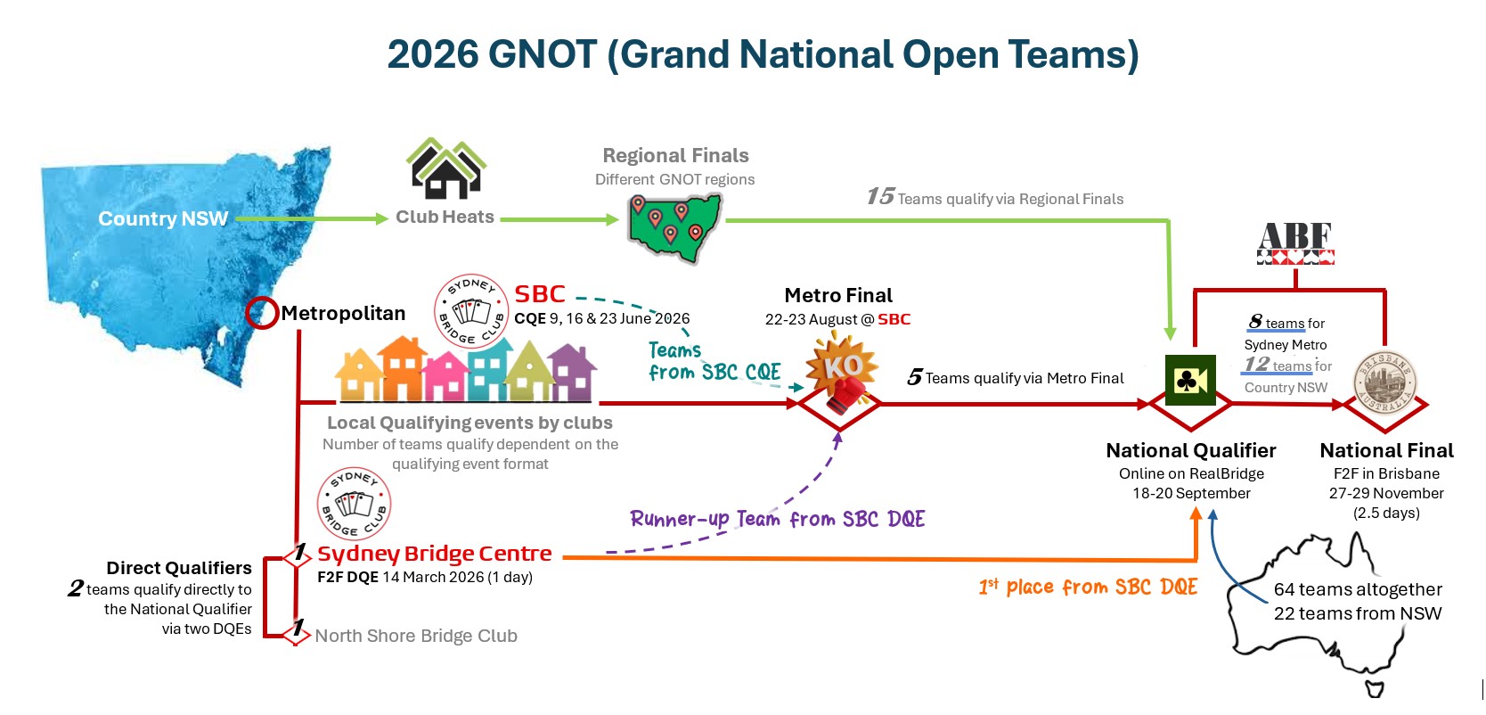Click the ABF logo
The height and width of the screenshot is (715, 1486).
1295,243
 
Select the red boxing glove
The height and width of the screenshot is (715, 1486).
846,395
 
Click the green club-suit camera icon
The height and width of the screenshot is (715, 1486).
1191,380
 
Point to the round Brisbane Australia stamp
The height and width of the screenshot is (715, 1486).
1384,382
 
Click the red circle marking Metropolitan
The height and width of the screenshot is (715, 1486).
262,313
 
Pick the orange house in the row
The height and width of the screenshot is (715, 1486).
403,368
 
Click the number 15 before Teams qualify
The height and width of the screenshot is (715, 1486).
880,196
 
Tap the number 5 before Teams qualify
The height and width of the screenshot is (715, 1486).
915,378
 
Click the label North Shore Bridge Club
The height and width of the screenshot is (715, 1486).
416,636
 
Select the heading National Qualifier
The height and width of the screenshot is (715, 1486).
1191,450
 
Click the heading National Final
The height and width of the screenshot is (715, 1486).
1386,450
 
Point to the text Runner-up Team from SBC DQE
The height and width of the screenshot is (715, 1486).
778,519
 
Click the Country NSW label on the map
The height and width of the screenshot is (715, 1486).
163,218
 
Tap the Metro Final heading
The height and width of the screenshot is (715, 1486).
838,295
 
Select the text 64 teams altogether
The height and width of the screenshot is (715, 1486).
1358,589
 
